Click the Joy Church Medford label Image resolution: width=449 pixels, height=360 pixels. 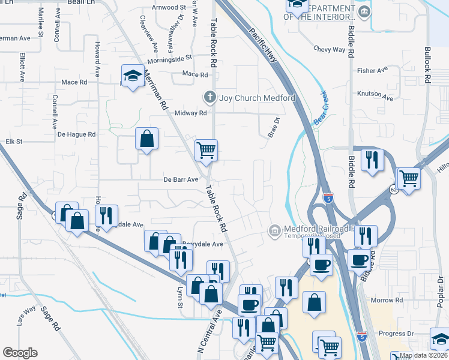[257, 98]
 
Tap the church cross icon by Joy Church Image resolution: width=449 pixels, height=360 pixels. [209, 97]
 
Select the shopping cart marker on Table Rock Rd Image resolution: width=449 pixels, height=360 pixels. [206, 150]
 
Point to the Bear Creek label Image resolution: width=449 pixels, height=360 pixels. [322, 113]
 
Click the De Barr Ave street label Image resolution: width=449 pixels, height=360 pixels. [181, 179]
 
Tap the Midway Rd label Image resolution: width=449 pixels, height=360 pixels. [190, 113]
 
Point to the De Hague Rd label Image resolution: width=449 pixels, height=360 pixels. [77, 134]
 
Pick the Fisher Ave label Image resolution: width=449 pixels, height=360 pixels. [373, 70]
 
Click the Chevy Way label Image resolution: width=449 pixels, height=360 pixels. [330, 50]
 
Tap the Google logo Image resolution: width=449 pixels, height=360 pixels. [20, 353]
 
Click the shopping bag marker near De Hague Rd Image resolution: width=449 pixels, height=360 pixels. [146, 140]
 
